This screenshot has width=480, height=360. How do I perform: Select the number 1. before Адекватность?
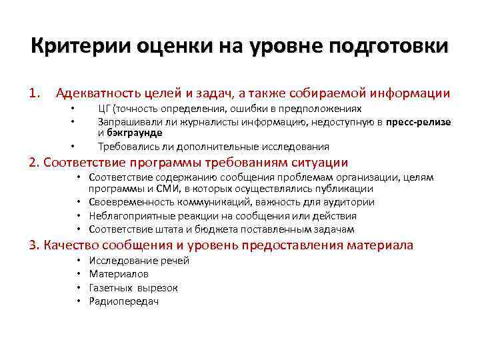pyautogui.click(x=35, y=93)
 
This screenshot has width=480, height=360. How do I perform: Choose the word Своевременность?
pyautogui.click(x=133, y=202)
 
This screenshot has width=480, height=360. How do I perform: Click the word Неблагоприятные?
pyautogui.click(x=130, y=216)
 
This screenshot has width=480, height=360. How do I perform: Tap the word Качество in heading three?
pyautogui.click(x=68, y=245)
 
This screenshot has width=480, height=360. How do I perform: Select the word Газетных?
pyautogui.click(x=111, y=288)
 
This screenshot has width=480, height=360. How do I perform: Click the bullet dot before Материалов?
pyautogui.click(x=79, y=274)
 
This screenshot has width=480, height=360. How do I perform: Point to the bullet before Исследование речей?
pyautogui.click(x=79, y=260)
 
